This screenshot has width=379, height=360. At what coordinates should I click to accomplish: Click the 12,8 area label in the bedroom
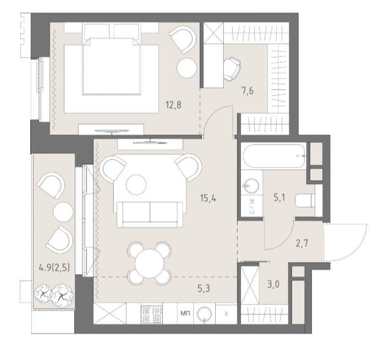click(x=173, y=105)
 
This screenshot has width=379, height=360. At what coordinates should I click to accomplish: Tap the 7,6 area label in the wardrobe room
click(x=248, y=91)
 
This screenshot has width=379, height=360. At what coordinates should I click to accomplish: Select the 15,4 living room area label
click(x=208, y=198)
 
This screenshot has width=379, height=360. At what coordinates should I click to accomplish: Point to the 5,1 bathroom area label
click(x=279, y=198)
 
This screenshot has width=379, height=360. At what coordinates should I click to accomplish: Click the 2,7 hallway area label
click(x=302, y=243)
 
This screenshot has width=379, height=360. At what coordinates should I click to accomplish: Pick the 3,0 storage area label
click(x=273, y=284)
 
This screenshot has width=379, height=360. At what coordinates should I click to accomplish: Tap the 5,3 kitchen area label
click(x=204, y=288)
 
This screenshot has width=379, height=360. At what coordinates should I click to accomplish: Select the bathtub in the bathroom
click(x=274, y=156)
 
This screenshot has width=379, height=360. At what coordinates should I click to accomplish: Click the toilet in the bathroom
click(x=305, y=201)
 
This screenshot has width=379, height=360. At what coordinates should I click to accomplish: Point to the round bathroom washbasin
click(x=251, y=186)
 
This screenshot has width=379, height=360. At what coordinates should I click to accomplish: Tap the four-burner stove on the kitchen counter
click(x=152, y=314)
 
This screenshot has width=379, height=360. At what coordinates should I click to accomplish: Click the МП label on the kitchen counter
click(x=185, y=313)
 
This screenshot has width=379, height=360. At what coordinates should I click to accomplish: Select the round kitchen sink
click(x=204, y=314)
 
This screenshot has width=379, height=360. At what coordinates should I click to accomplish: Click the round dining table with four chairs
click(x=150, y=263)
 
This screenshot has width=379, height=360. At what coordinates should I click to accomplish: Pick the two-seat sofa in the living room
click(x=150, y=214)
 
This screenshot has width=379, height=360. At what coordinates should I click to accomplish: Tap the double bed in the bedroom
click(x=111, y=65)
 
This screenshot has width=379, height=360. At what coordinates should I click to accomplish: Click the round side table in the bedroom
click(x=186, y=68)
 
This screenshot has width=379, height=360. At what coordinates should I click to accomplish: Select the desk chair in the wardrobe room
click(x=232, y=69)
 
